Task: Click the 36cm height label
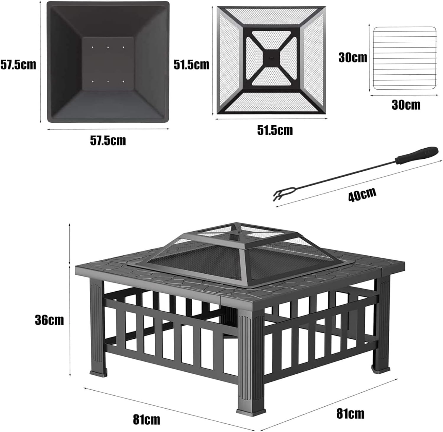pos(49,320)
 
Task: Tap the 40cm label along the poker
pos(362,194)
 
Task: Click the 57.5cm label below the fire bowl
pos(108,140)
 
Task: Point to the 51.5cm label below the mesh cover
pos(275,130)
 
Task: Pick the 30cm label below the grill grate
pos(406,105)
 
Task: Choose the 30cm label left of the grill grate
pos(353,57)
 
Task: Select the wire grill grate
pos(405,58)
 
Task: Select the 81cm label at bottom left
pos(146,419)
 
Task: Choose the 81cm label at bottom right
pos(350,413)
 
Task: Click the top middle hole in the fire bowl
pos(108,47)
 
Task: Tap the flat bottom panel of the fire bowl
pos(108,64)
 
